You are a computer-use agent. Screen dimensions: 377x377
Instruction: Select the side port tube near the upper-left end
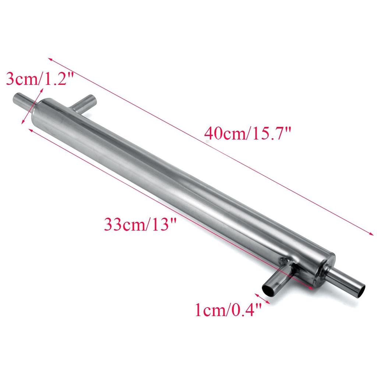pos(84,103)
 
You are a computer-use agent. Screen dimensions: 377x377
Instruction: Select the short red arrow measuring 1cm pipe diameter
pos(263,299)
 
